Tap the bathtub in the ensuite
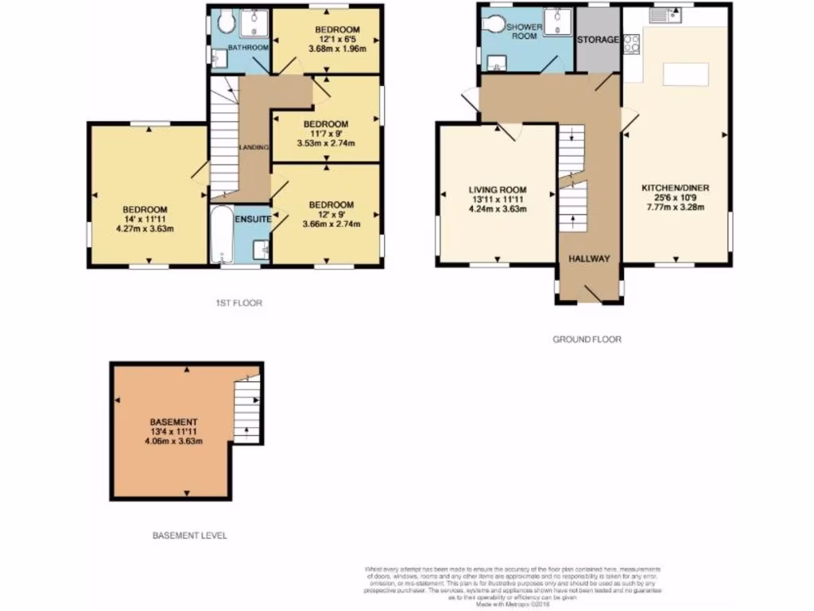tap(221, 234)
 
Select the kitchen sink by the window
tap(665, 15)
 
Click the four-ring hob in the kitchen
tap(632, 44)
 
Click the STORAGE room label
tap(597, 40)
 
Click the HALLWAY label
tap(588, 259)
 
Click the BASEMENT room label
tap(173, 422)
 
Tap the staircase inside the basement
tap(247, 409)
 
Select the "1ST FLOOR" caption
tap(238, 303)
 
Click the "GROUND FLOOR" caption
tap(587, 339)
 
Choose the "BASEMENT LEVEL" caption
tap(189, 535)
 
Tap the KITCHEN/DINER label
tap(675, 189)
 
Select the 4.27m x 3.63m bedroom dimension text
tap(145, 229)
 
